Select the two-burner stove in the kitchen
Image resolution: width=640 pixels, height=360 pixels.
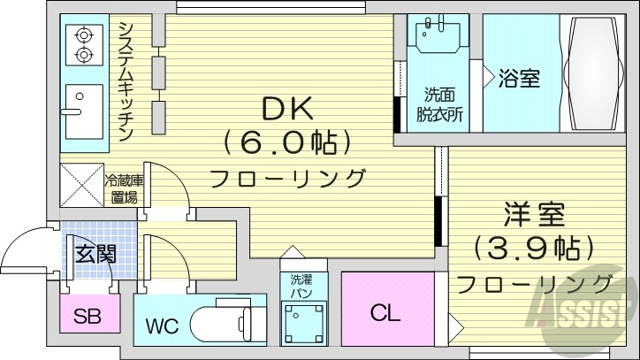[x=84, y=44]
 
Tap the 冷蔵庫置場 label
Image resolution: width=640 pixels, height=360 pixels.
[x=124, y=189]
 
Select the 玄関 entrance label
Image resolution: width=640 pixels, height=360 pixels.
[x=94, y=254]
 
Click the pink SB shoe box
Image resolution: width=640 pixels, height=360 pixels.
[x=85, y=316]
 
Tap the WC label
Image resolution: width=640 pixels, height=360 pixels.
[x=162, y=326]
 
